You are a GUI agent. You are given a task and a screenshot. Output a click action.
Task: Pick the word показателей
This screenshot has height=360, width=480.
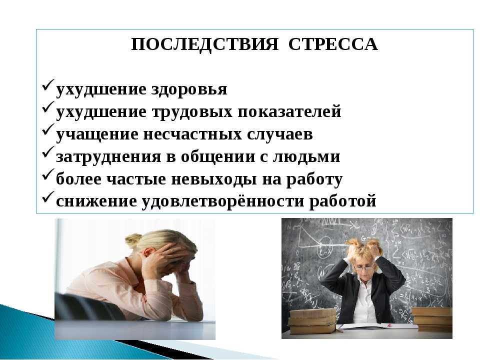(x=289, y=112)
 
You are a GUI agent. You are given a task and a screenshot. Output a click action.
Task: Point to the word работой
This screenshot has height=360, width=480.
(x=343, y=201)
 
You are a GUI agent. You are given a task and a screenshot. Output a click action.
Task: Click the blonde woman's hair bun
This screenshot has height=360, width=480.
(x=133, y=240)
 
